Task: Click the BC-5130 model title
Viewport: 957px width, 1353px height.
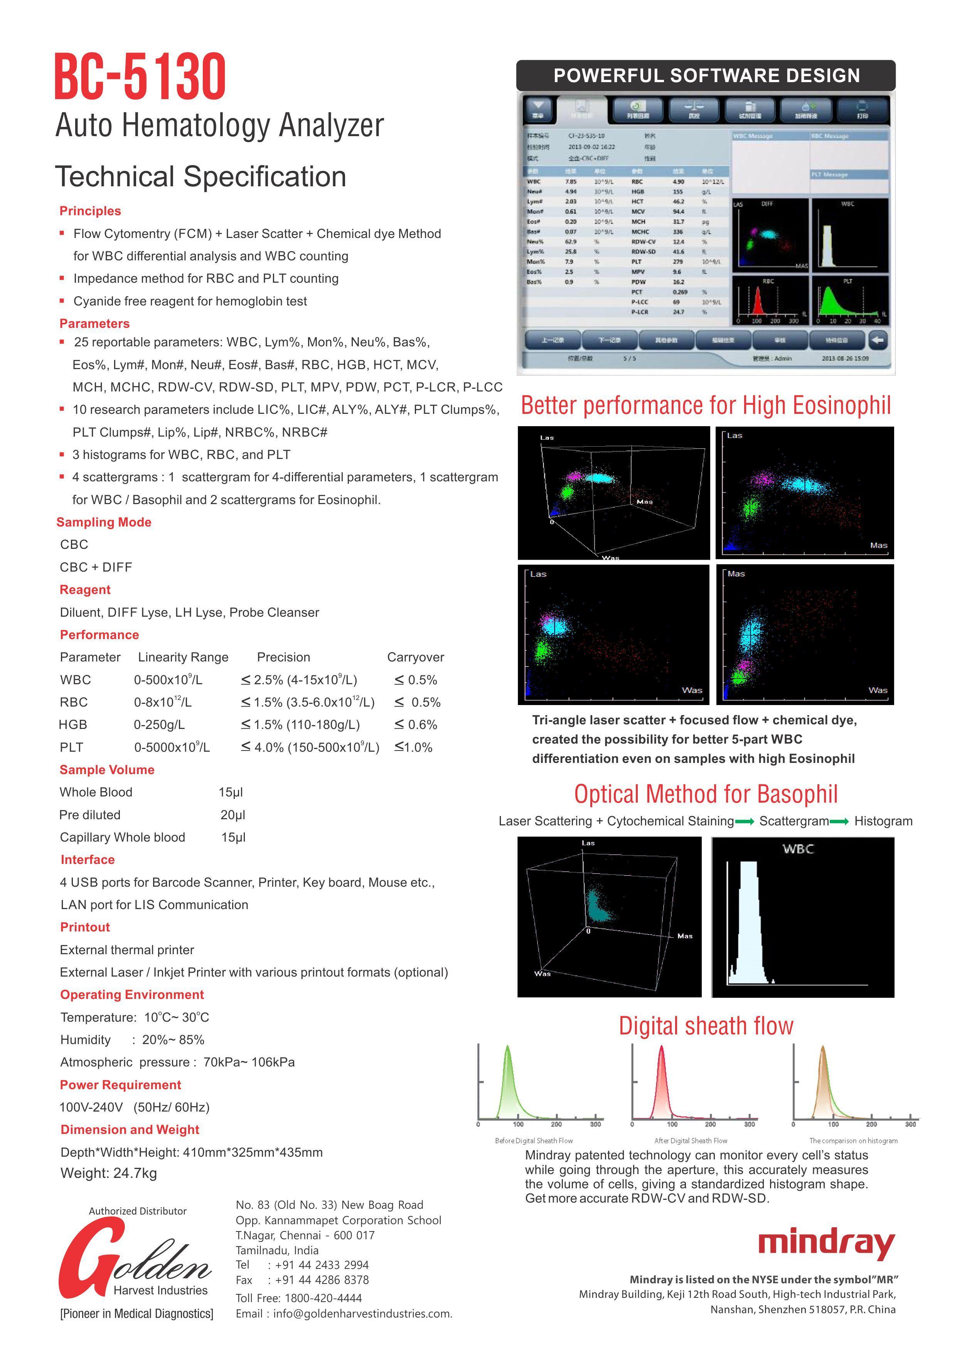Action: (x=140, y=77)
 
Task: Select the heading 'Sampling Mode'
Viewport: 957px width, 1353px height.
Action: (x=104, y=522)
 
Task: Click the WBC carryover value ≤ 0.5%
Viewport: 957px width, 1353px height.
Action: (x=415, y=680)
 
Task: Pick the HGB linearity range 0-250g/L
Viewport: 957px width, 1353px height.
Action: (x=159, y=725)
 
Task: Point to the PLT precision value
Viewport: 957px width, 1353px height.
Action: (x=310, y=747)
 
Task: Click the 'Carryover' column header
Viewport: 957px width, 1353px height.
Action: (x=415, y=657)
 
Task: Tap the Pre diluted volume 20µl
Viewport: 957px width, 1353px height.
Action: (x=233, y=815)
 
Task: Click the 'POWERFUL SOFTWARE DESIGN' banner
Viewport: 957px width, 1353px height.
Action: (x=706, y=76)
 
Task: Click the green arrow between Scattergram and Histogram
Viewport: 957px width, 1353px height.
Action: (x=839, y=822)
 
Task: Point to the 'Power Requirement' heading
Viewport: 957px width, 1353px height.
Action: (x=120, y=1085)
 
